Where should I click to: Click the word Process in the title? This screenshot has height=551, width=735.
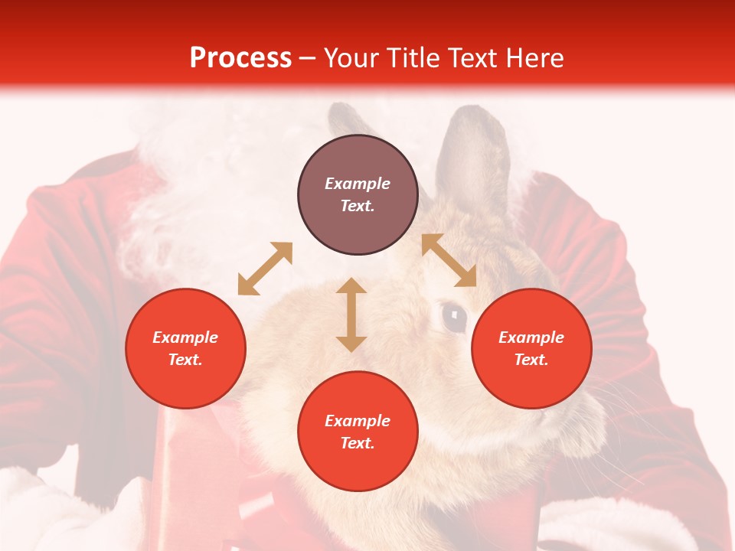pos(240,58)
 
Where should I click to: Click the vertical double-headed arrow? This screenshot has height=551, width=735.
pos(351,315)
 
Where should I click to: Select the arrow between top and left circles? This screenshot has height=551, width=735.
pos(265,269)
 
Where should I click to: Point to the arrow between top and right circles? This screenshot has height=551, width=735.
pos(449,260)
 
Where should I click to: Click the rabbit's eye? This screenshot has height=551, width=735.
pos(454,317)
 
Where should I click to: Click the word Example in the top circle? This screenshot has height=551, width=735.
pos(358,184)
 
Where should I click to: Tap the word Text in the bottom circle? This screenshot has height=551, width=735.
pos(358,443)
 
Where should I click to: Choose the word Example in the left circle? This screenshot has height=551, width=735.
pos(185,337)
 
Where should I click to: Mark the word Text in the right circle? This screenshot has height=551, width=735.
pos(531,360)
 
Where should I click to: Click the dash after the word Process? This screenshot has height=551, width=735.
pos(307,59)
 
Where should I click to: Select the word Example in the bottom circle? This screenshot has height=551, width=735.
pos(358,421)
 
